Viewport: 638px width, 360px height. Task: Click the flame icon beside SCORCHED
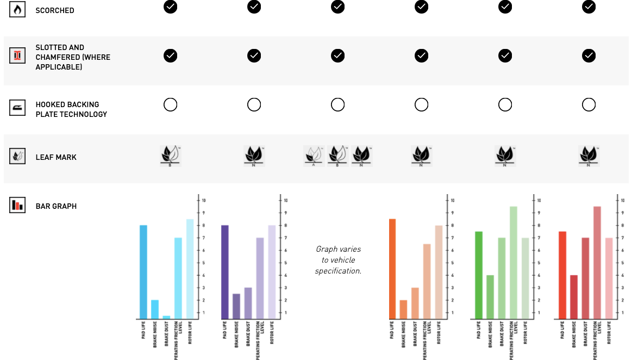point(17,10)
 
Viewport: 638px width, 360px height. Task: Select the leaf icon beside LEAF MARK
point(17,157)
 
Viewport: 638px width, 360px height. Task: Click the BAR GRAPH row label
point(56,206)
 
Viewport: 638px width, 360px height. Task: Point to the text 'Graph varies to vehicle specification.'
point(338,259)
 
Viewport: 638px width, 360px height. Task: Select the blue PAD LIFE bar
point(143,272)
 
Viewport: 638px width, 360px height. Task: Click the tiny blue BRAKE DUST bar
point(166,317)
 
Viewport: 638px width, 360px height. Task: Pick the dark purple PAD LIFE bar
point(225,272)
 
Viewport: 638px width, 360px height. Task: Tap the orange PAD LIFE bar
point(392,269)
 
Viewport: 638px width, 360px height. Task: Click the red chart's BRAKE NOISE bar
point(574,297)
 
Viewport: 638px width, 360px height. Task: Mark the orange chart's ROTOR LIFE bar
point(439,272)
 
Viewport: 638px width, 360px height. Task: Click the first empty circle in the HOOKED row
point(171,105)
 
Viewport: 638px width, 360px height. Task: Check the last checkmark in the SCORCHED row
point(589,7)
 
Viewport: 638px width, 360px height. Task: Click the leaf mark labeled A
point(314,155)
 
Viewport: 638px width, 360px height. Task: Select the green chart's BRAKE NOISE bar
point(490,297)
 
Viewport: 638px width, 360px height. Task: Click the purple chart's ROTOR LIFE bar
point(272,272)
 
